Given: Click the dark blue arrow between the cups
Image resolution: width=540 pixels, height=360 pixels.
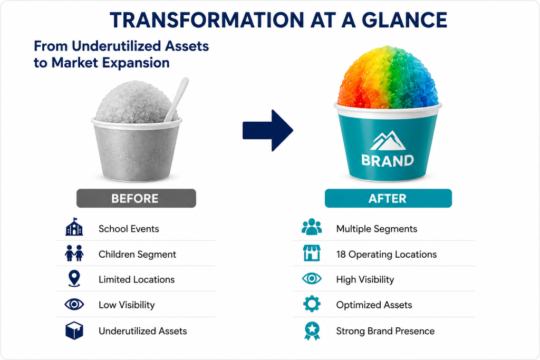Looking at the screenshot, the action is (x=268, y=130).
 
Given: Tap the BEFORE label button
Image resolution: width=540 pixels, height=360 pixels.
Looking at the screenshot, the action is (x=136, y=198).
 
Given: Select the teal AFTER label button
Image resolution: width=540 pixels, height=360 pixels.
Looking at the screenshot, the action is (x=388, y=198).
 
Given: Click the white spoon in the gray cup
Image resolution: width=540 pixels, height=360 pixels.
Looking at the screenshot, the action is (x=176, y=100).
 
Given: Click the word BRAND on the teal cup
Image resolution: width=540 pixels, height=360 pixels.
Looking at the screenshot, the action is (x=388, y=161).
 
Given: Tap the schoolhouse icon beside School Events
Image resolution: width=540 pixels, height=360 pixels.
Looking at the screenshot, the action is (x=74, y=227).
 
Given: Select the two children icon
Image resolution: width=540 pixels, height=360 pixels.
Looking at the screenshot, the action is (x=74, y=254).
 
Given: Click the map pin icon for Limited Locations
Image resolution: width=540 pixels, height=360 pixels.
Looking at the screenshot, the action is (x=74, y=278).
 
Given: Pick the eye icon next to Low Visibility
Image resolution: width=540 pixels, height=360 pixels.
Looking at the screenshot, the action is (x=74, y=304).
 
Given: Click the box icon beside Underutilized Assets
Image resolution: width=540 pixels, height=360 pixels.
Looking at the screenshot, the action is (x=74, y=330).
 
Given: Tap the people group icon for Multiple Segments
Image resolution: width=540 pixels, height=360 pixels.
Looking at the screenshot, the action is (x=312, y=227).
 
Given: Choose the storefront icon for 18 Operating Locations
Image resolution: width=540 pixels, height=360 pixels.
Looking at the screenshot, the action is (x=312, y=253).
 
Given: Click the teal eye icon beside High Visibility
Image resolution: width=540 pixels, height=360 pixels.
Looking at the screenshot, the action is (x=312, y=278).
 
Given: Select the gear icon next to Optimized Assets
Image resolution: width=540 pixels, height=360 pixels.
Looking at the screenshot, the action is (x=312, y=304).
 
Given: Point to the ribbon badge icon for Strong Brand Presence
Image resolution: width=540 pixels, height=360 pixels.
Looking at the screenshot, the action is (x=312, y=331).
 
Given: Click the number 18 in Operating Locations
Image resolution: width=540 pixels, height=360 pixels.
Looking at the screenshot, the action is (x=341, y=255).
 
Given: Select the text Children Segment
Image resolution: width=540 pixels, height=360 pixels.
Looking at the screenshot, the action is (x=137, y=255).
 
